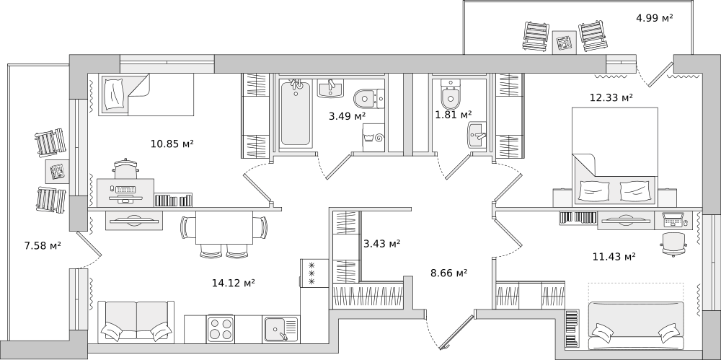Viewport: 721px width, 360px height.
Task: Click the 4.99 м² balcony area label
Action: [x=655, y=18]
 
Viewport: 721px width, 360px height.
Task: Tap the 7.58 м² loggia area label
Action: [x=43, y=245]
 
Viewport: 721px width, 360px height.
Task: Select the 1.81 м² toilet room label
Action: [x=453, y=114]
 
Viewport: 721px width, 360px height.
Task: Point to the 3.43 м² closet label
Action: [x=381, y=244]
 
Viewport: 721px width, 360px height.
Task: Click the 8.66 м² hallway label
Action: [x=448, y=273]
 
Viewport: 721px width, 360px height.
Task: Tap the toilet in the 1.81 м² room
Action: [x=450, y=95]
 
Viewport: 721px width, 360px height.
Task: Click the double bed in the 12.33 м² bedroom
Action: [x=615, y=155]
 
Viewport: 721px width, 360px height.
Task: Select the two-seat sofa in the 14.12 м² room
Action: [x=136, y=321]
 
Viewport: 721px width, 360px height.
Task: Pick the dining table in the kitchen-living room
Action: [x=224, y=230]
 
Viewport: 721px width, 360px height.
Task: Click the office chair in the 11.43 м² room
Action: [x=673, y=242]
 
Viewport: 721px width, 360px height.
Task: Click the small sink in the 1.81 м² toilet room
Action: [x=477, y=133]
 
